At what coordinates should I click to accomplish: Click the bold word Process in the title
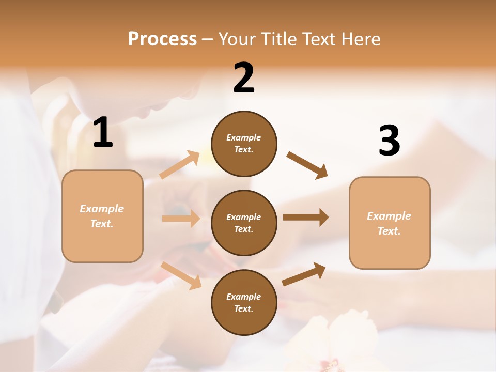162,39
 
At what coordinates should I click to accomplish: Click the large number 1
103,133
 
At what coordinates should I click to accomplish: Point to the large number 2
244,78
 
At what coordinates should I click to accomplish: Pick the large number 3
389,141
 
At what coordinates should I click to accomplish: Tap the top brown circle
244,144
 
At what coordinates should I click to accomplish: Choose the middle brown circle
244,223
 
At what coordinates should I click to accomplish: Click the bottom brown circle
244,302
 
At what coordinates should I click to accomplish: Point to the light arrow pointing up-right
180,165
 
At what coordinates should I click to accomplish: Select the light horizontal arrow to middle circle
181,219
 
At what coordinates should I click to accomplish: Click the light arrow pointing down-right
181,275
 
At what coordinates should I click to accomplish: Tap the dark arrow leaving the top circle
307,165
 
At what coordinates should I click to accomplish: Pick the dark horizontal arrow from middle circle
305,217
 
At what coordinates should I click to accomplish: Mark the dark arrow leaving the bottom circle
304,274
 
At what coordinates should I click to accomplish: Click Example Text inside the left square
102,216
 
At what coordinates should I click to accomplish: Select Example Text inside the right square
389,223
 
